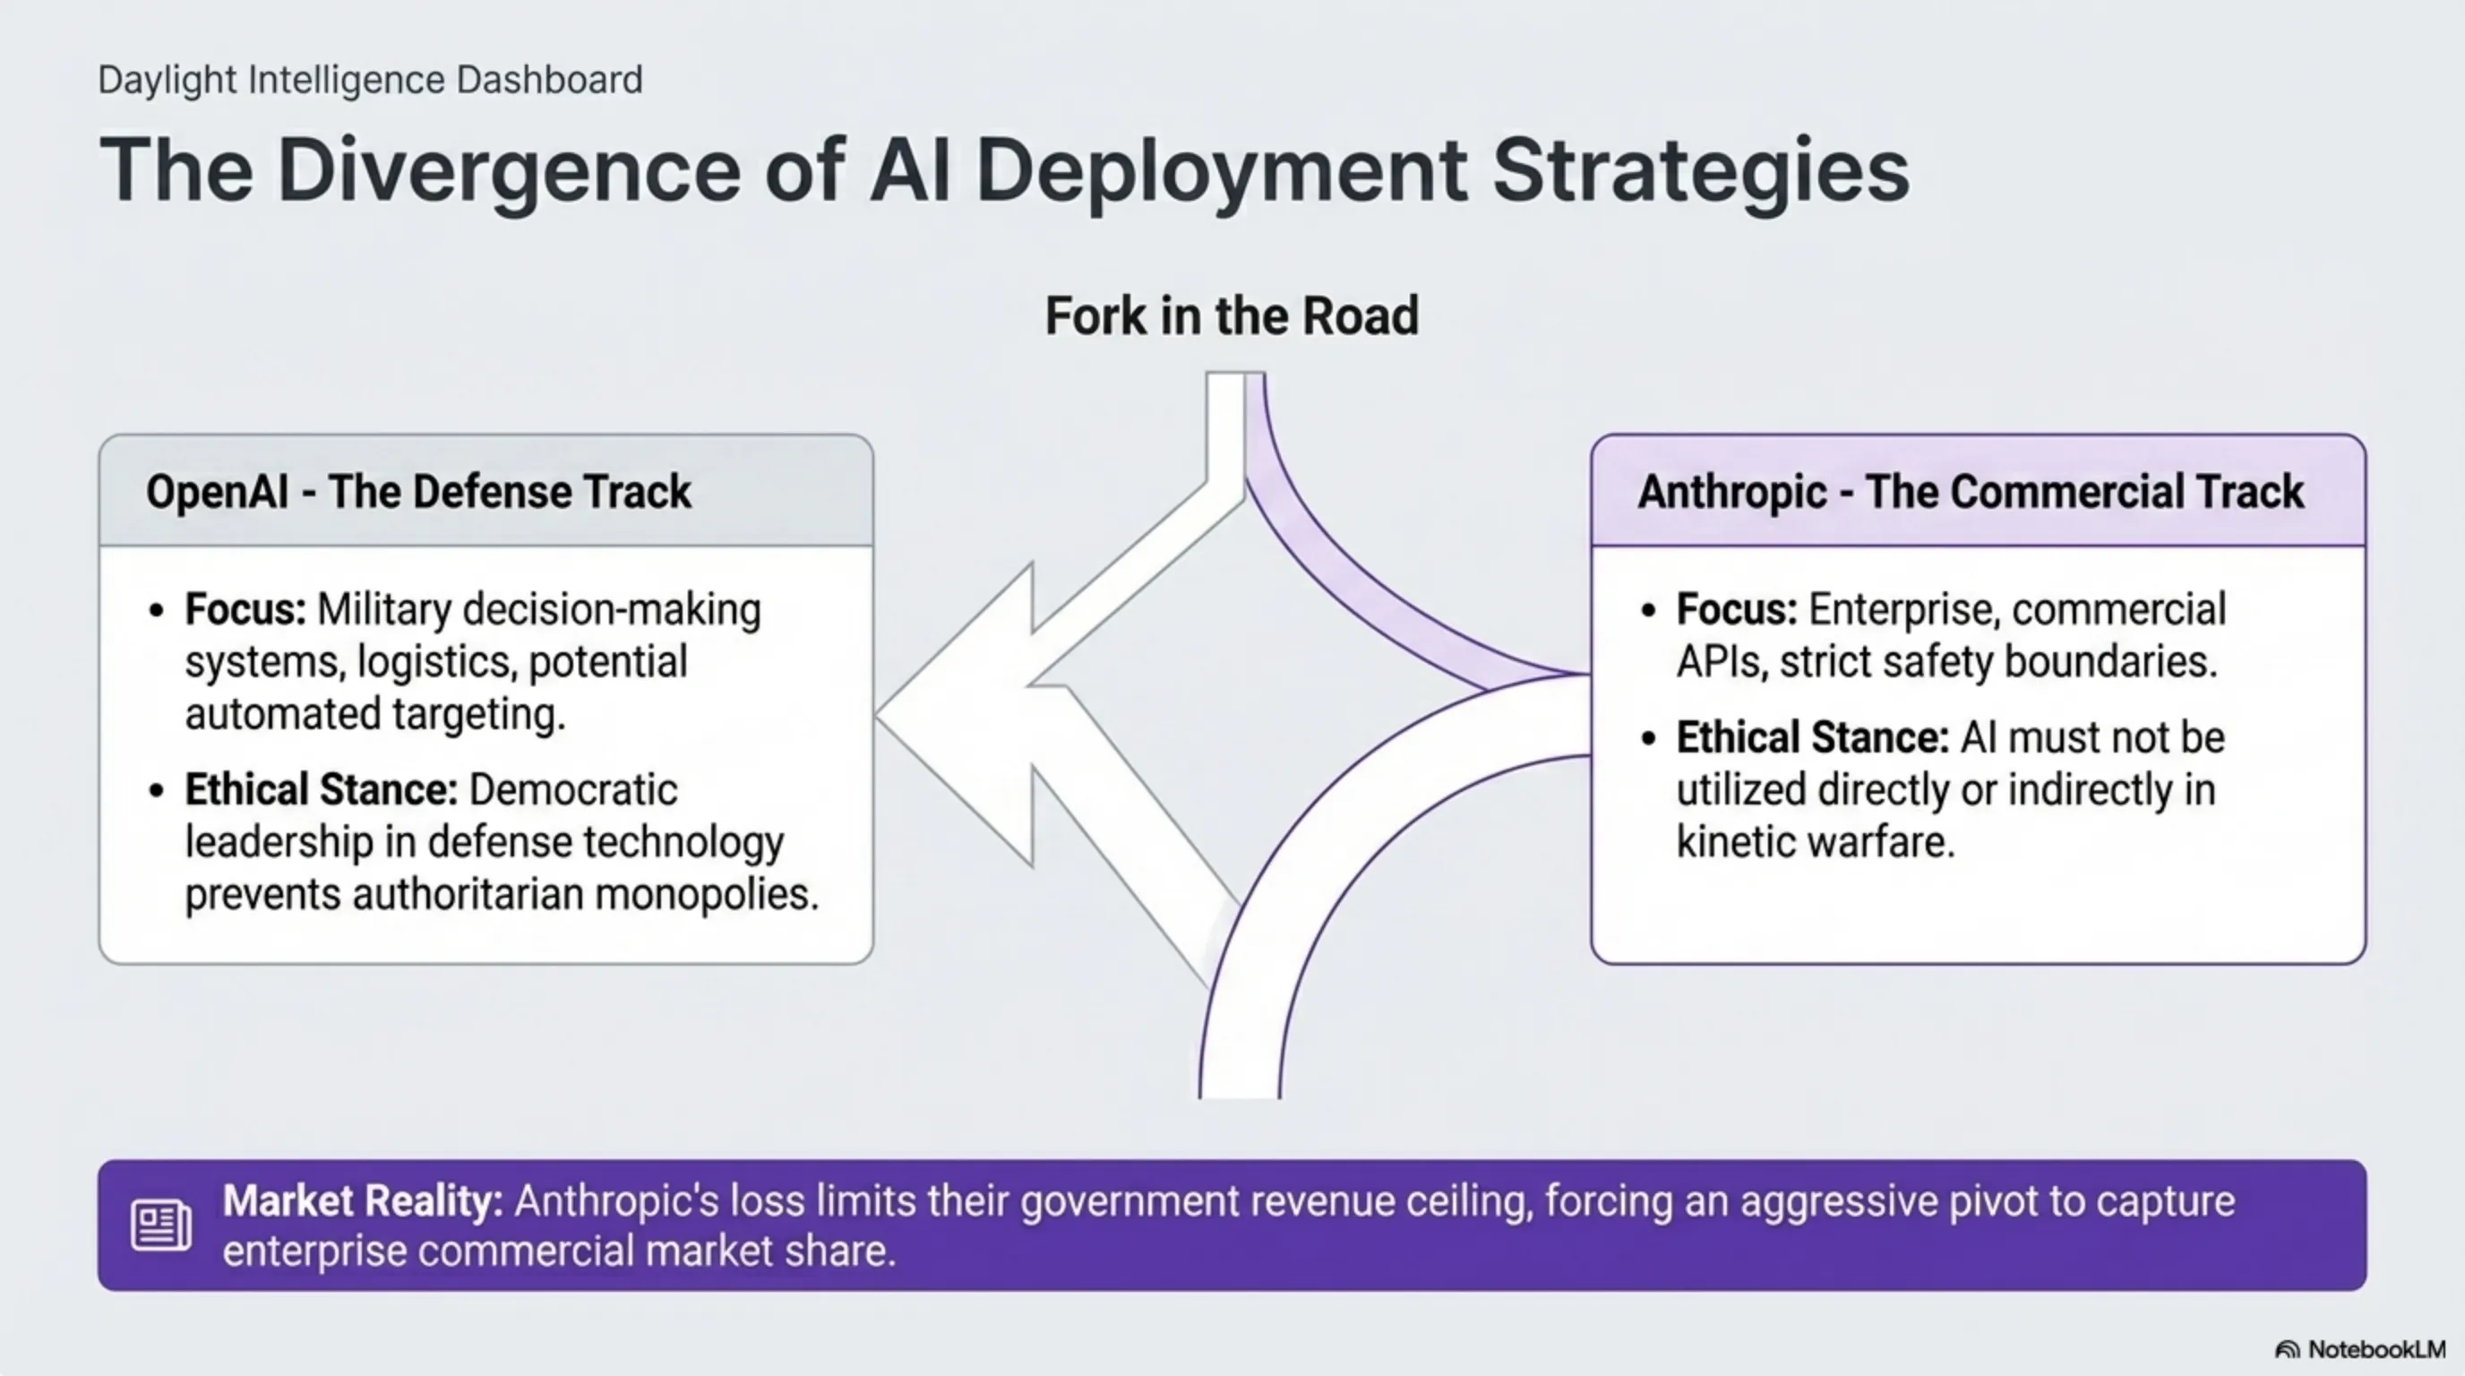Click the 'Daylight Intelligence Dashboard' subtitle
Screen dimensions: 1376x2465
click(x=369, y=80)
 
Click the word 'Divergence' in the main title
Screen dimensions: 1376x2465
click(x=508, y=170)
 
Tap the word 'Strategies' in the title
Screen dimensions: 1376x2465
click(x=1700, y=170)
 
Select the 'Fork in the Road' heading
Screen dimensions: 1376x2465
click(x=1232, y=315)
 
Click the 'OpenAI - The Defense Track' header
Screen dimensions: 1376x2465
click(x=418, y=492)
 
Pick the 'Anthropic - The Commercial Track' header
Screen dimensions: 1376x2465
click(x=1971, y=492)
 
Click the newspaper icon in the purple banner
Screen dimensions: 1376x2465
click(x=159, y=1225)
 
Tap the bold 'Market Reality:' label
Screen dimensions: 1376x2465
click(x=363, y=1201)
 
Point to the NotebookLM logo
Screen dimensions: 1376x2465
click(x=2361, y=1349)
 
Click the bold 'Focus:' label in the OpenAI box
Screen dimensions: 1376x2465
click(x=245, y=609)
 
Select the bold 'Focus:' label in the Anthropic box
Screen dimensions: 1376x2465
click(x=1736, y=609)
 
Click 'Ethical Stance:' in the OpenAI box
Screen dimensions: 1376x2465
click(x=321, y=790)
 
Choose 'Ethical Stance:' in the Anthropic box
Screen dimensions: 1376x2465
click(x=1811, y=738)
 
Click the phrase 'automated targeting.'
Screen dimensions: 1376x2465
click(x=375, y=715)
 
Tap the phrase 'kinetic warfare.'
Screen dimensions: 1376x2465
click(x=1816, y=842)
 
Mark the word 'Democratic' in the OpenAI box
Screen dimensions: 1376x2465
click(x=573, y=790)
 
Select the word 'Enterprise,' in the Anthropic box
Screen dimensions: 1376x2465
click(x=1876, y=609)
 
